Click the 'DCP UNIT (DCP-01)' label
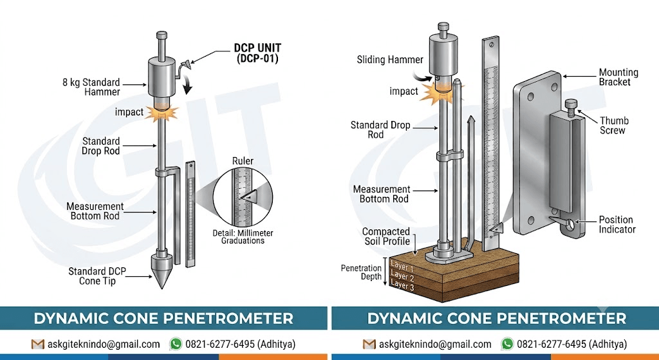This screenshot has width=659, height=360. point(257,53)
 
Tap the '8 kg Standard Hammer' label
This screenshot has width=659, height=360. point(91,87)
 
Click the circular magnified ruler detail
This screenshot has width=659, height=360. point(243,197)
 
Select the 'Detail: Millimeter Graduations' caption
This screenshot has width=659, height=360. point(243,237)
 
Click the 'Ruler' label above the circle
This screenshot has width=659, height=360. point(243,161)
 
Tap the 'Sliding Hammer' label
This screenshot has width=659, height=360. point(389,60)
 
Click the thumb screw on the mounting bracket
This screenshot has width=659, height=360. point(571,108)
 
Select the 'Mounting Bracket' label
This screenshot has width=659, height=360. point(618,77)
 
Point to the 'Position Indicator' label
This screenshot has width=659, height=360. point(617,225)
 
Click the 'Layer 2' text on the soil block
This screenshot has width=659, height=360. point(402,276)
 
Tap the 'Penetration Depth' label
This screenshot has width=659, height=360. point(361,272)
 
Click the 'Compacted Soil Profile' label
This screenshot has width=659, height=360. point(386,236)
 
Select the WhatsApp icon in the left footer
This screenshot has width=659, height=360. point(176,344)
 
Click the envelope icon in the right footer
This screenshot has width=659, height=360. point(369,345)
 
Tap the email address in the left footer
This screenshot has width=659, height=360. point(104,344)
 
